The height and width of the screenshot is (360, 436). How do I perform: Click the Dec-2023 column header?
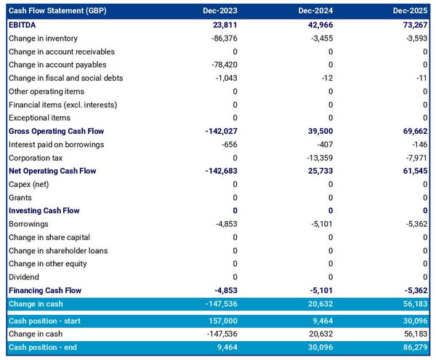222,11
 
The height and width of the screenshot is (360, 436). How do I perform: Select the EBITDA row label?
24,25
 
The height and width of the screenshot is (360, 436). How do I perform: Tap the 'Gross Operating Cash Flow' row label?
56,131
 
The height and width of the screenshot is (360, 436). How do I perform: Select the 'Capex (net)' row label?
29,184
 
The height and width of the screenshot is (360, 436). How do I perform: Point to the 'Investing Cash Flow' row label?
44,210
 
